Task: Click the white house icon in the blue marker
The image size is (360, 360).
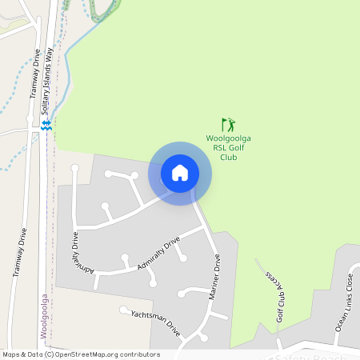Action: coord(180,172)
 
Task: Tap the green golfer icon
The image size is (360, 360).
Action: coord(229,125)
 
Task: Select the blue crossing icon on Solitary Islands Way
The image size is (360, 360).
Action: coord(46,125)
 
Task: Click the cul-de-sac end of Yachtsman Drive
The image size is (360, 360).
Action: coord(123,310)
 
